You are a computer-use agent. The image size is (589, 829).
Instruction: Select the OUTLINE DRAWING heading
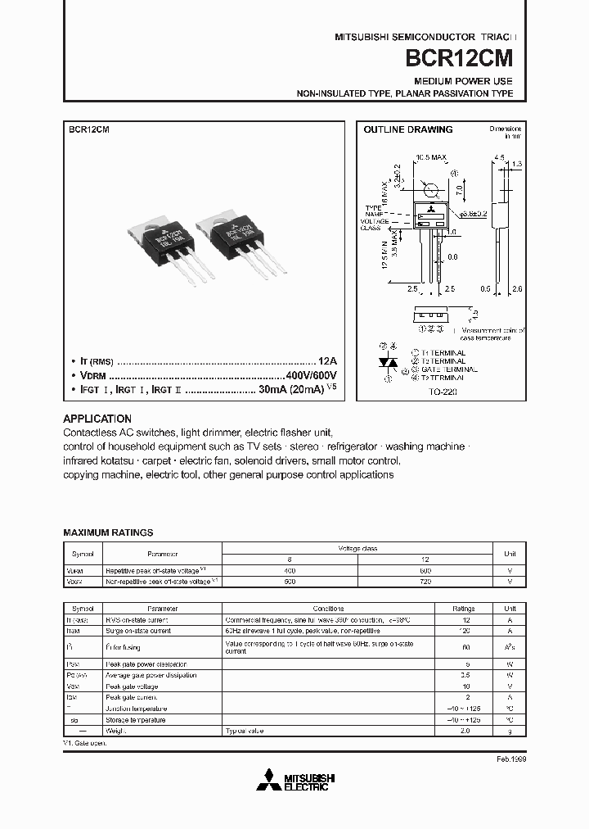pos(407,129)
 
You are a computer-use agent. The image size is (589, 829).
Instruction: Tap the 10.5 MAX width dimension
pos(430,156)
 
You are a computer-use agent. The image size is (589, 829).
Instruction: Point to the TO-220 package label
pos(442,392)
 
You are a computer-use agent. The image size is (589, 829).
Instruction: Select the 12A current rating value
pos(326,360)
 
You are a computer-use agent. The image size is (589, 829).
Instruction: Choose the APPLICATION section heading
pos(97,418)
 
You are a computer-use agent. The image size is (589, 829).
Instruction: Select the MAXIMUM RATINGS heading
pos(108,532)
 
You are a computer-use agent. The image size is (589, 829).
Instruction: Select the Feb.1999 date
pos(511,759)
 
